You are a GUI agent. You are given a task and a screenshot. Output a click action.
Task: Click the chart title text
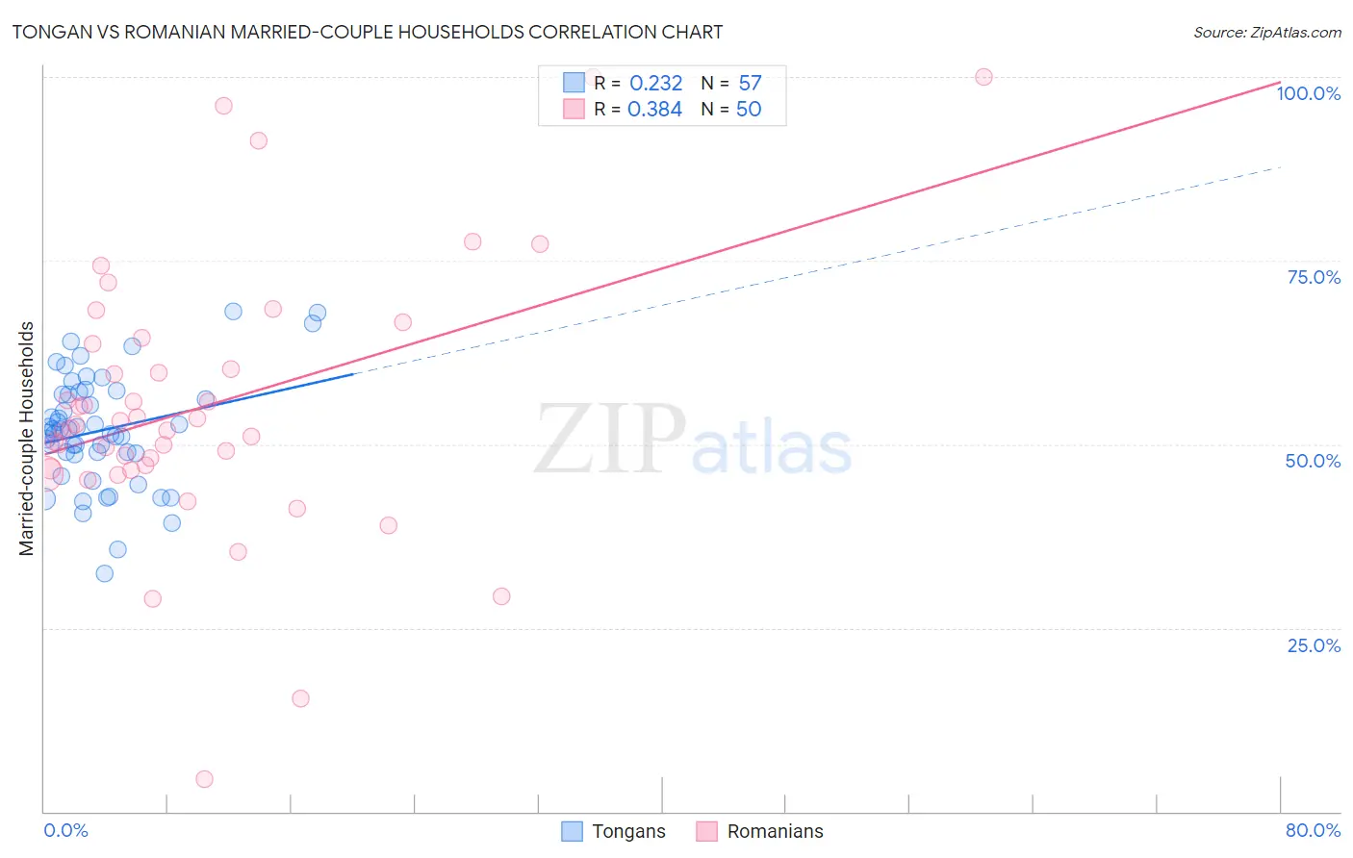tap(367, 32)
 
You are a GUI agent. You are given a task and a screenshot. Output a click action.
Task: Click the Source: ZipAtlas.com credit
tap(1266, 32)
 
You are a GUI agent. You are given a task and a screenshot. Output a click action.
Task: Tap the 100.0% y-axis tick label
tap(1308, 93)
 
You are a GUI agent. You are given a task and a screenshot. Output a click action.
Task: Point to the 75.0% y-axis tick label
tap(1314, 277)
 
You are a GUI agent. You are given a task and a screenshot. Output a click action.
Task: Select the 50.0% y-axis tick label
tap(1313, 461)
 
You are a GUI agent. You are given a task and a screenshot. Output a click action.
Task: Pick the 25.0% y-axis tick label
tap(1314, 645)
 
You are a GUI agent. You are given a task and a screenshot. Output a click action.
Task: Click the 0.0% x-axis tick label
tap(65, 830)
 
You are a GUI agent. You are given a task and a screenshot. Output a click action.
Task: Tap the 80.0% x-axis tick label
tap(1313, 830)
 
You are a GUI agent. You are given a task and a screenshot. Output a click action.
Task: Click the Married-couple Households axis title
tap(27, 439)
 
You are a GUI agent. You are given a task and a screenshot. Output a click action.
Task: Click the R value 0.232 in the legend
tap(655, 84)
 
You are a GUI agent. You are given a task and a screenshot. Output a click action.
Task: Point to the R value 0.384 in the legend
tap(654, 110)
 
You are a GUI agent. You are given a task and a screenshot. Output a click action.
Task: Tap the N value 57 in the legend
tap(750, 84)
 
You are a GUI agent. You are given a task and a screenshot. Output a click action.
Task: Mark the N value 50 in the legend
tap(749, 110)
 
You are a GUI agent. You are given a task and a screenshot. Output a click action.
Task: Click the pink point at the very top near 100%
tap(983, 77)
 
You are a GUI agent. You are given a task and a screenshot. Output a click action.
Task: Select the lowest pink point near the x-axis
tap(204, 779)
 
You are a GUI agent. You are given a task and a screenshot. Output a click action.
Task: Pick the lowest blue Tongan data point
tap(105, 573)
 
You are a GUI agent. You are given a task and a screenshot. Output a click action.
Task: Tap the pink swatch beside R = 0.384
tap(574, 109)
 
